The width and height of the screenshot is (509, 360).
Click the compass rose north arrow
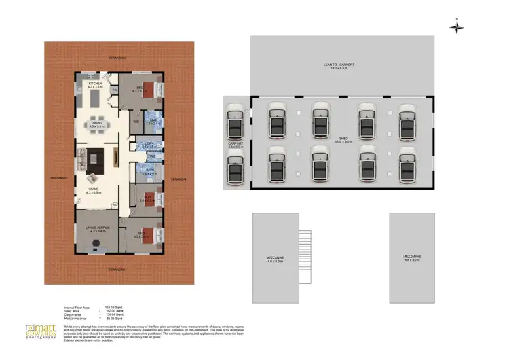click(457, 26)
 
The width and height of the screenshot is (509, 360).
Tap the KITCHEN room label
click(94, 84)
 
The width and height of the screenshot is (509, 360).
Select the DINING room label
click(95, 125)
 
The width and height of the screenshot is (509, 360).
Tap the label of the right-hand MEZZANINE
click(412, 257)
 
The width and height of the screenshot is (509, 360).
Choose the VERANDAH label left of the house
click(58, 178)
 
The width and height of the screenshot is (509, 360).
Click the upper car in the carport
click(235, 118)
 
